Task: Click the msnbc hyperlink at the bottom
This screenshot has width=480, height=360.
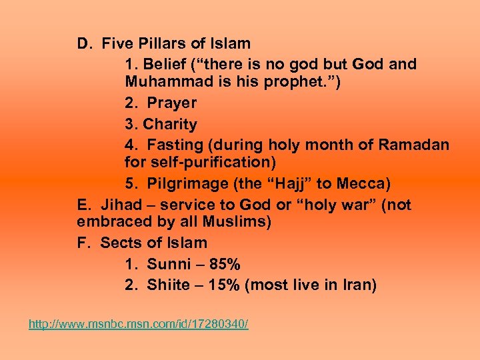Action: point(138,324)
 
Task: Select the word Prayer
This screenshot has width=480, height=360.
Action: point(171,103)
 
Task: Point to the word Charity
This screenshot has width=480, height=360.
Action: point(170,124)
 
